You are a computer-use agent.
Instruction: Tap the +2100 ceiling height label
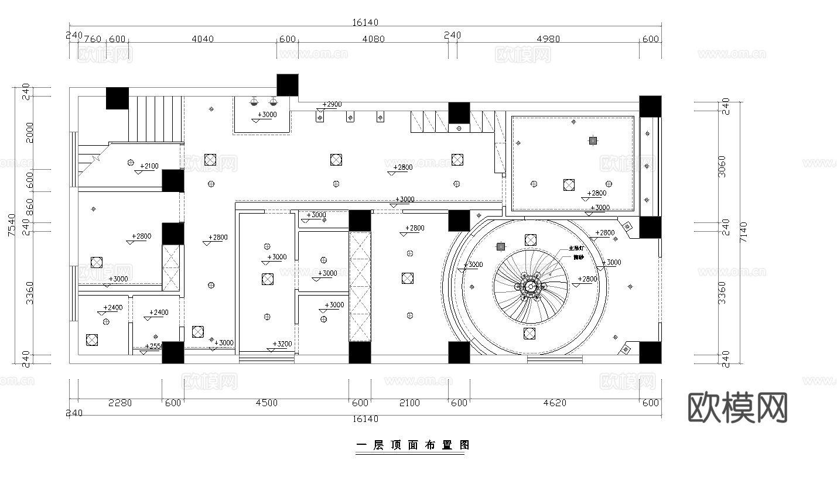click(149, 166)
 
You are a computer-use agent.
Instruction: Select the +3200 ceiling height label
click(282, 344)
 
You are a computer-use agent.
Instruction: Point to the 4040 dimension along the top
click(203, 39)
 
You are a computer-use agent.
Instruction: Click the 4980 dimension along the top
click(548, 39)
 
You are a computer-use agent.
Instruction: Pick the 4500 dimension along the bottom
click(267, 403)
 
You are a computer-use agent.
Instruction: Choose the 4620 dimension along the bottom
click(554, 403)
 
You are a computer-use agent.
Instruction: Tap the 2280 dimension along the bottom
click(121, 403)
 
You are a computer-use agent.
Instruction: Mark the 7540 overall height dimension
click(12, 225)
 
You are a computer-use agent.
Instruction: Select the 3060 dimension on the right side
click(722, 167)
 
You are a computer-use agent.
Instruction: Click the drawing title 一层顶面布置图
click(413, 445)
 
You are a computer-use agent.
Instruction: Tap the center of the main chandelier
click(530, 287)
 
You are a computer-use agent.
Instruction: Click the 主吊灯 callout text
click(576, 249)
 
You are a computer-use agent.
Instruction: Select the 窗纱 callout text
click(578, 257)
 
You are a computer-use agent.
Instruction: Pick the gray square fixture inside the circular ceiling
click(501, 246)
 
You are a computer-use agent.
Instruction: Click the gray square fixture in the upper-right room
click(593, 140)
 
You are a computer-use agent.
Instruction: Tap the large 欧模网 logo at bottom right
click(737, 407)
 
